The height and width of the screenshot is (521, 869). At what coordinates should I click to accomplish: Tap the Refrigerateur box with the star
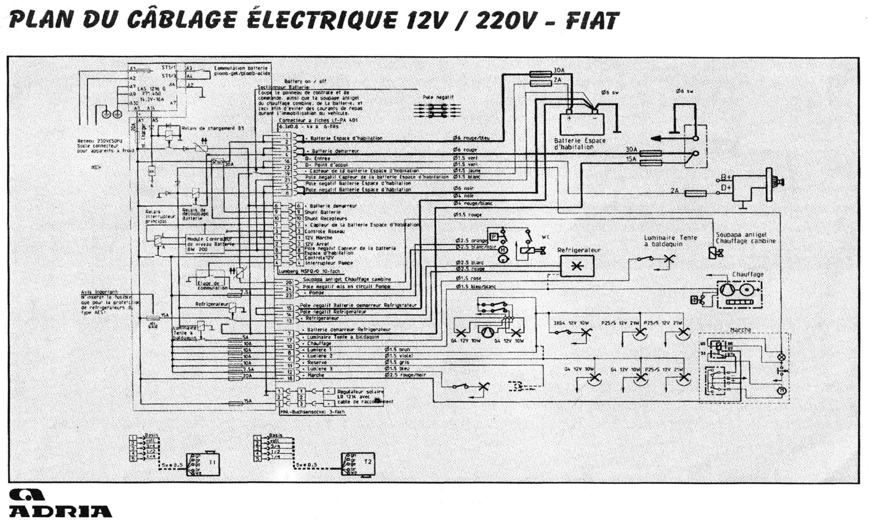pos(577,266)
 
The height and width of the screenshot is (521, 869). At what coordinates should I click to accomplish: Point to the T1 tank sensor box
pos(203,463)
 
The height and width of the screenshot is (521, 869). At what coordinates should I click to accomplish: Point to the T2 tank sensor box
pos(357,463)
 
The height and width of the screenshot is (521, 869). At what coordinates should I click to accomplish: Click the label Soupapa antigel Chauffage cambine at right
pos(745,238)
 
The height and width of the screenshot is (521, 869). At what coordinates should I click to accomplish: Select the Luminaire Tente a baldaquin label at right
pos(670,240)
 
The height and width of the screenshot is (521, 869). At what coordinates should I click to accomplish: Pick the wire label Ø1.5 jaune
pos(467,171)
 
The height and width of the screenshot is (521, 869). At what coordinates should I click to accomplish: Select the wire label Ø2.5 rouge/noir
pos(405,375)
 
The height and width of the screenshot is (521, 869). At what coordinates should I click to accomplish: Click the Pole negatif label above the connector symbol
pos(438,97)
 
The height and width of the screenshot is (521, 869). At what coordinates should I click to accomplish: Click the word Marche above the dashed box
pos(740,330)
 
